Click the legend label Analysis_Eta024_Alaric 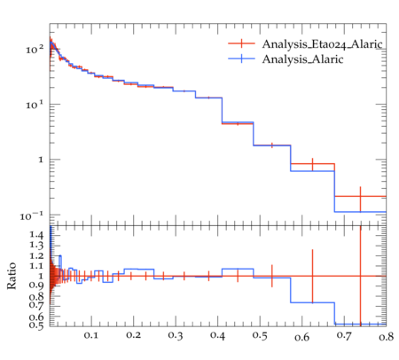(322, 44)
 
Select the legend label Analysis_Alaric (302, 59)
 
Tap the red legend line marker (241, 43)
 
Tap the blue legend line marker (241, 59)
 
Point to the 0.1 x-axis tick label (91, 335)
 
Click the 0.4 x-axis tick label (217, 335)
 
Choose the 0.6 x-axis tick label (301, 337)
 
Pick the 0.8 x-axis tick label (387, 337)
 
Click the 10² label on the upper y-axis (35, 49)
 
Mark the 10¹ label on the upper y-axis (35, 105)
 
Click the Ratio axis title (12, 276)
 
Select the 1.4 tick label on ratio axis (36, 235)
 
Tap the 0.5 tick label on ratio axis (36, 325)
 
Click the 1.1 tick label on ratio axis (36, 266)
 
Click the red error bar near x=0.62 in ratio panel (312, 276)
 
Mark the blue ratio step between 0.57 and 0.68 (312, 302)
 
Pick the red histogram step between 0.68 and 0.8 (360, 196)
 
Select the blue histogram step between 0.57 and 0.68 (312, 171)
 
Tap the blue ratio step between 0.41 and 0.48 (238, 269)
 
